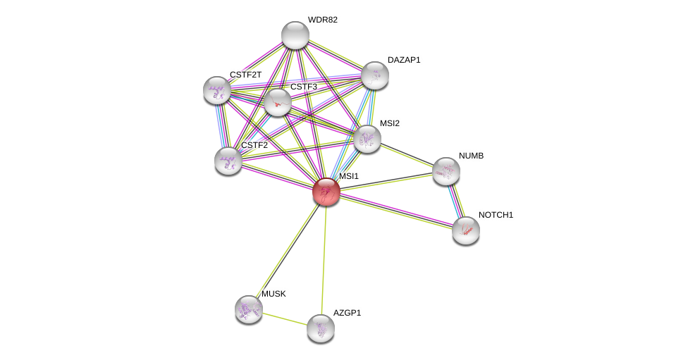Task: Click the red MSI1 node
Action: click(x=326, y=192)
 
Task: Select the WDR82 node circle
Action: click(x=295, y=35)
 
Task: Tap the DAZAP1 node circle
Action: click(x=374, y=75)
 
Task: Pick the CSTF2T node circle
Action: click(x=217, y=90)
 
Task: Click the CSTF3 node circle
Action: click(x=278, y=102)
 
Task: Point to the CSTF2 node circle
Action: click(x=228, y=161)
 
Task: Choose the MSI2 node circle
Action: click(x=367, y=139)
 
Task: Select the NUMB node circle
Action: click(x=446, y=171)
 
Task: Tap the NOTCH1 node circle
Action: click(x=466, y=230)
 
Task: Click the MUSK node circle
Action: click(x=249, y=309)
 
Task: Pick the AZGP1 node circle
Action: click(x=321, y=328)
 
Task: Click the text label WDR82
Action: click(x=322, y=20)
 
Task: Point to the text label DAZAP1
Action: click(x=404, y=60)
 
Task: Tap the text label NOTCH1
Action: click(x=496, y=215)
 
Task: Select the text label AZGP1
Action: click(x=347, y=313)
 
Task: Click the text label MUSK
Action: click(x=274, y=294)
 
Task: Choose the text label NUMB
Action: click(x=471, y=156)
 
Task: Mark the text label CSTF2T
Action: click(x=245, y=75)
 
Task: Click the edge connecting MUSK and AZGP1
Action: click(x=285, y=319)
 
